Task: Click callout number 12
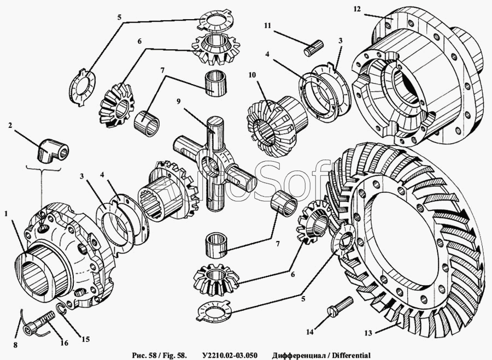(357, 9)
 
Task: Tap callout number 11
(267, 26)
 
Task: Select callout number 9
(179, 101)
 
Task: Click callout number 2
(10, 125)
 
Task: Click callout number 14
(310, 332)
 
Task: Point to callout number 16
(64, 344)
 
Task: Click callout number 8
(15, 345)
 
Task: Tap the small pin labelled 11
(311, 47)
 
